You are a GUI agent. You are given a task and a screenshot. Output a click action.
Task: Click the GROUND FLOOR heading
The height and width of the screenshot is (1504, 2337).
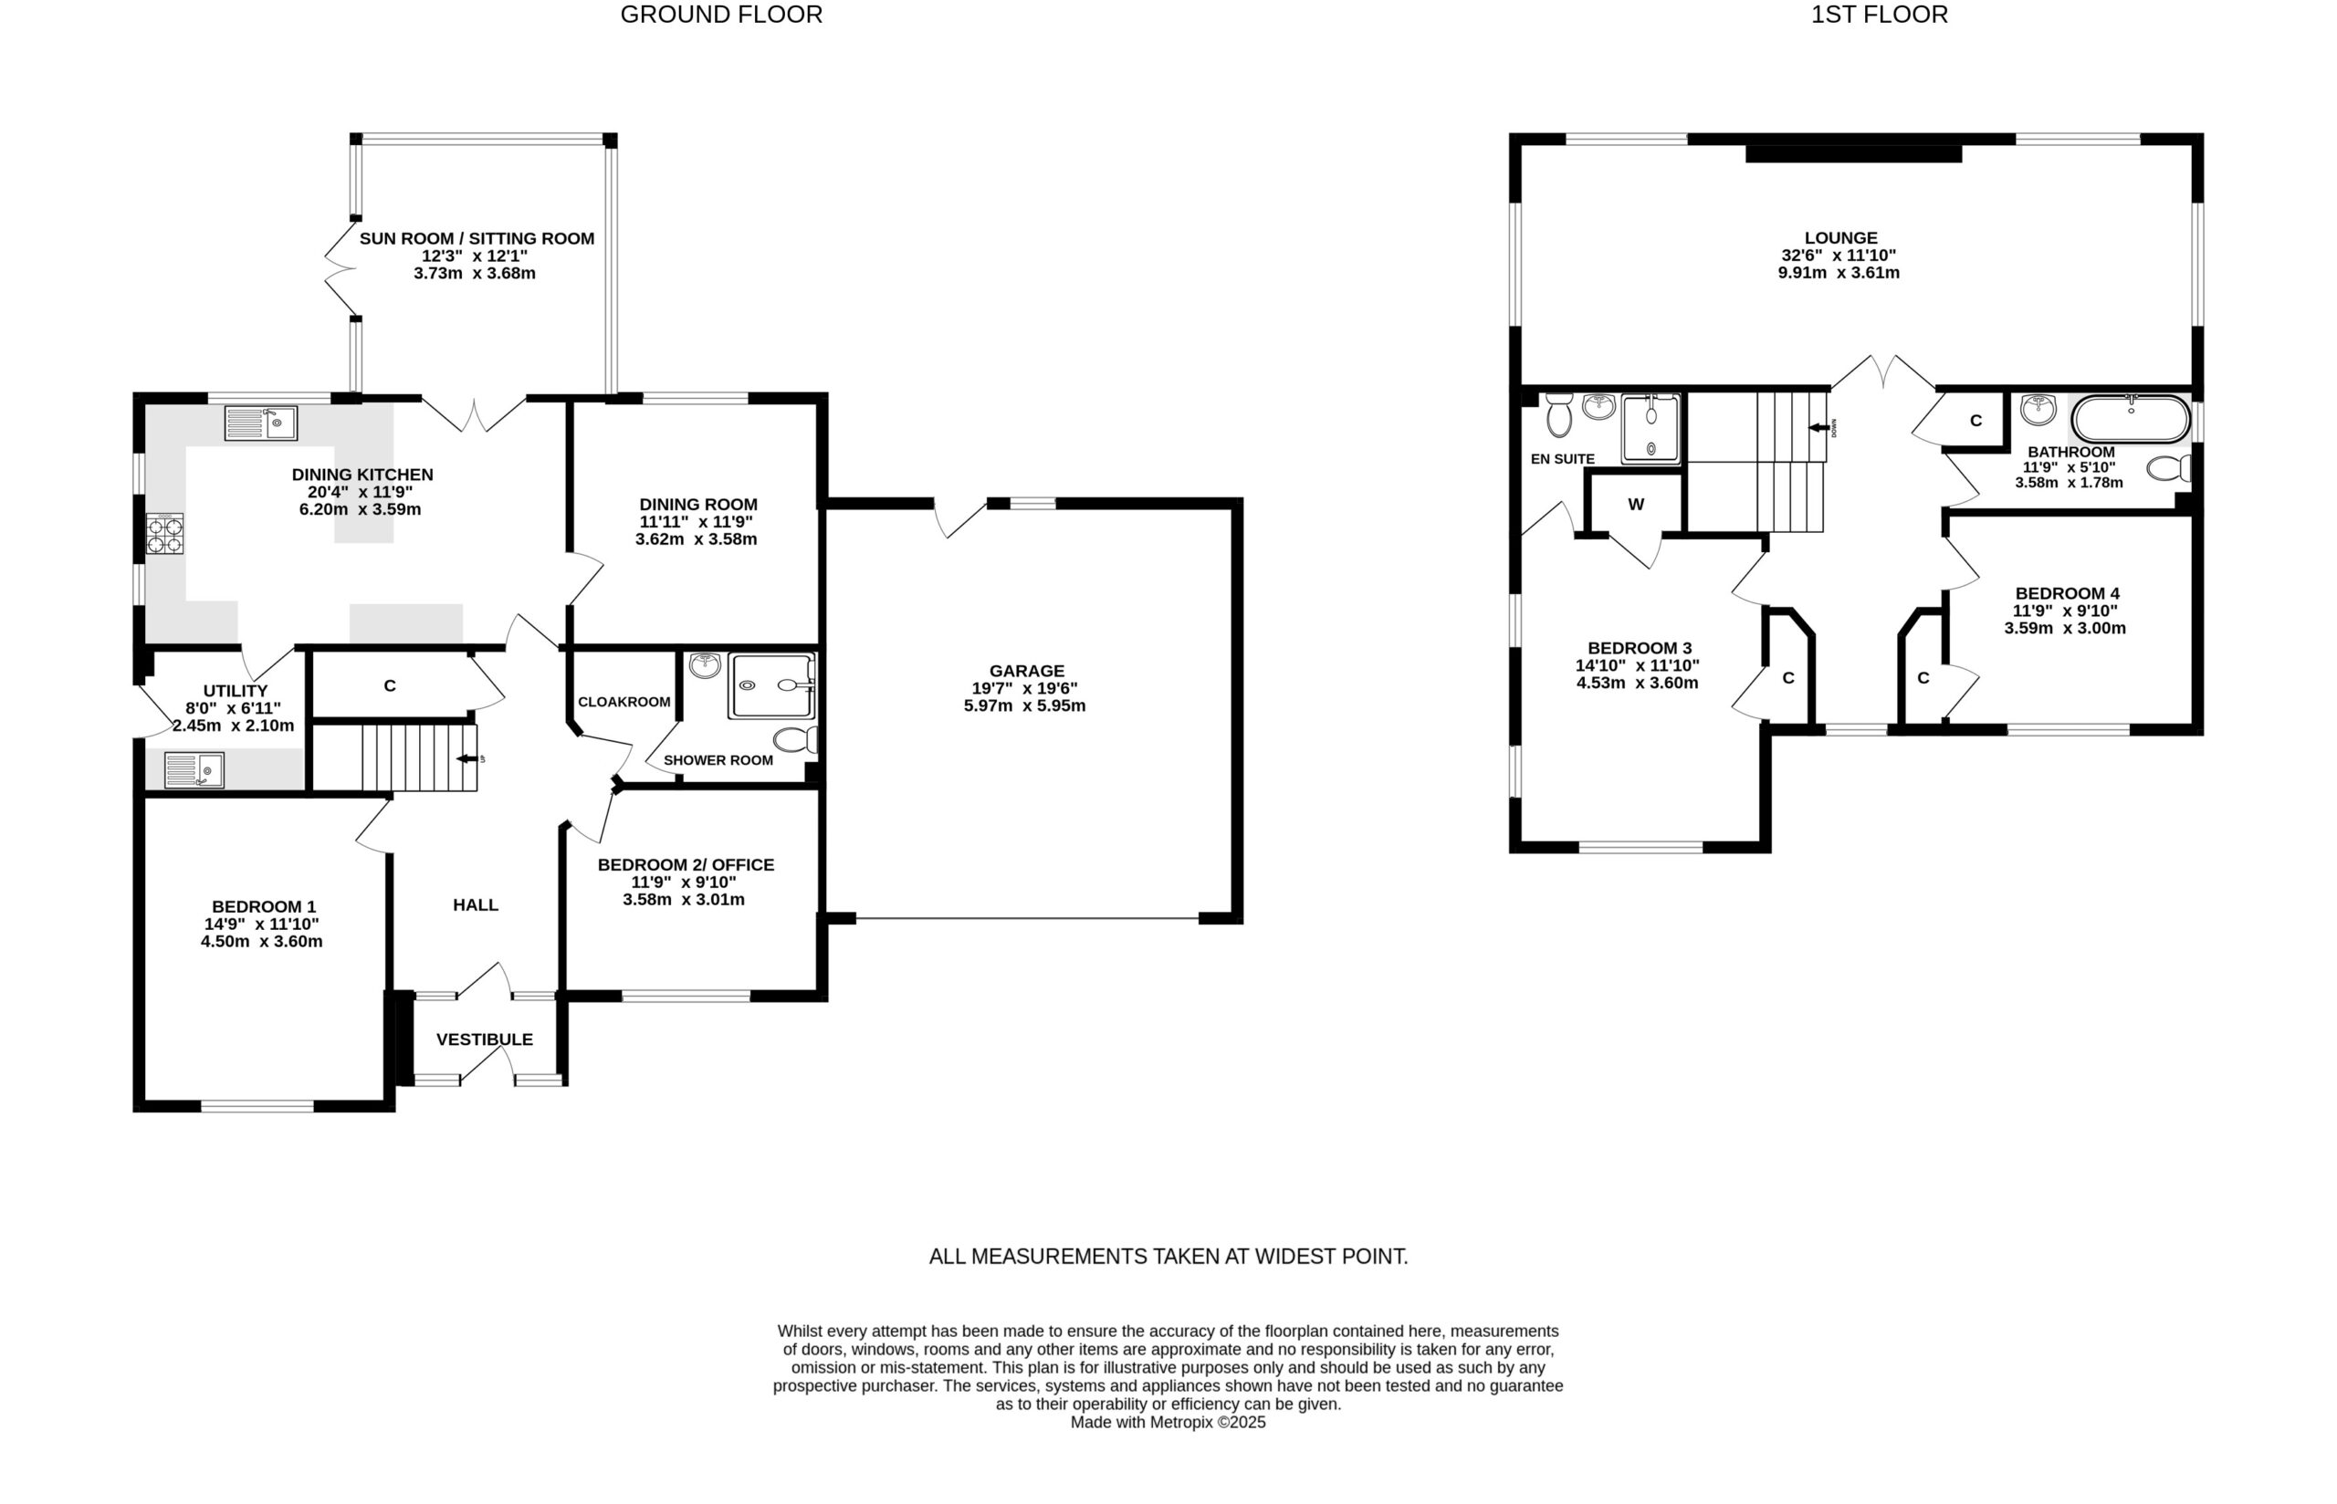721,15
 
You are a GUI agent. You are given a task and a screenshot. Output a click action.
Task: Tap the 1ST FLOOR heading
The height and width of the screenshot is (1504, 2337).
1879,15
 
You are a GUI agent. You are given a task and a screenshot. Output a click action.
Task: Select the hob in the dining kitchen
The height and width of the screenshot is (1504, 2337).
165,533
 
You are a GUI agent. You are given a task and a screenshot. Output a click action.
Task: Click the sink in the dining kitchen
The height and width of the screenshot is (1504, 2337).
261,423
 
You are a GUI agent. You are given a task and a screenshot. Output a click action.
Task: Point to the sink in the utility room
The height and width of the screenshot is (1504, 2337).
194,769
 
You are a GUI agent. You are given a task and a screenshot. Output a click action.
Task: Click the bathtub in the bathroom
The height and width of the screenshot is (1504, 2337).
2131,420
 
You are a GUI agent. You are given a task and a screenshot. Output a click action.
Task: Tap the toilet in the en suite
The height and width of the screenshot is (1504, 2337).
1559,416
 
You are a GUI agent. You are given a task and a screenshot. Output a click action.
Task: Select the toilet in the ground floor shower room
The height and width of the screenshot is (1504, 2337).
796,739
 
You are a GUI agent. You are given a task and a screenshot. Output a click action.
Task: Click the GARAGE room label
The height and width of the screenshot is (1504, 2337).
1025,671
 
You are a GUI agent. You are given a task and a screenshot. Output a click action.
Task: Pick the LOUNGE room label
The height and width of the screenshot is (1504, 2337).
1841,237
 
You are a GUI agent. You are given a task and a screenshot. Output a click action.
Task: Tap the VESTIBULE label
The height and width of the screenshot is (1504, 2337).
485,1039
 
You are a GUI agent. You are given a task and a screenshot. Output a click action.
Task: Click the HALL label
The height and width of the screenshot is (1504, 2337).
476,905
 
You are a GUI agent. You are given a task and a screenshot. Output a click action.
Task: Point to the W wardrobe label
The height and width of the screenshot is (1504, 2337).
1636,504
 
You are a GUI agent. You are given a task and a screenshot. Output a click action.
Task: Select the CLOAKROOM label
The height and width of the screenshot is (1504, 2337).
624,702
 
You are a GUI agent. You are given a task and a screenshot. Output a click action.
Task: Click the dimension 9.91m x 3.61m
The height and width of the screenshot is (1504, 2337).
1839,274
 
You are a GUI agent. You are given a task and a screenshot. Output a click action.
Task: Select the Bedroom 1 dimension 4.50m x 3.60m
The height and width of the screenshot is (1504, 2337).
262,942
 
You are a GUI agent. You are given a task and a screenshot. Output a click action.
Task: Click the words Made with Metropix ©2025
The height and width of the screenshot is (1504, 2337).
1168,1423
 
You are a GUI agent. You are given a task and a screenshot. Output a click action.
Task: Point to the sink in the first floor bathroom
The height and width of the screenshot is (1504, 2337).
2038,409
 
